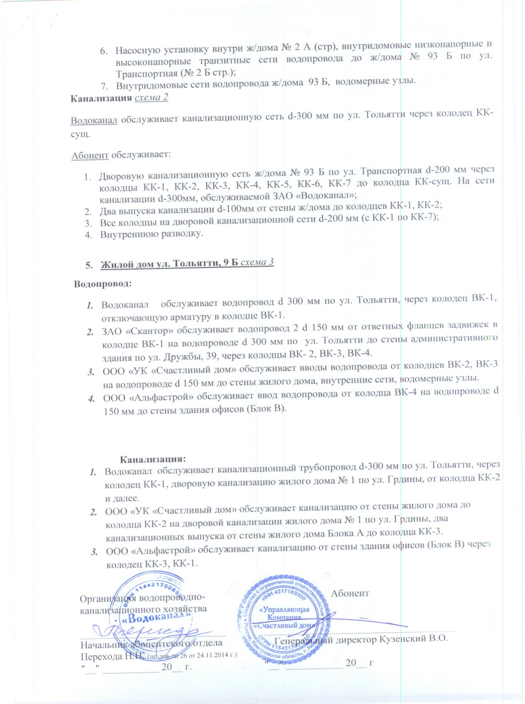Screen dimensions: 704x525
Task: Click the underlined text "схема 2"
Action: pyautogui.click(x=152, y=98)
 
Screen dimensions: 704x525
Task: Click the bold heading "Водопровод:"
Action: pyautogui.click(x=103, y=284)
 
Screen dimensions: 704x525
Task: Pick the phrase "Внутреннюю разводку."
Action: pyautogui.click(x=152, y=234)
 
